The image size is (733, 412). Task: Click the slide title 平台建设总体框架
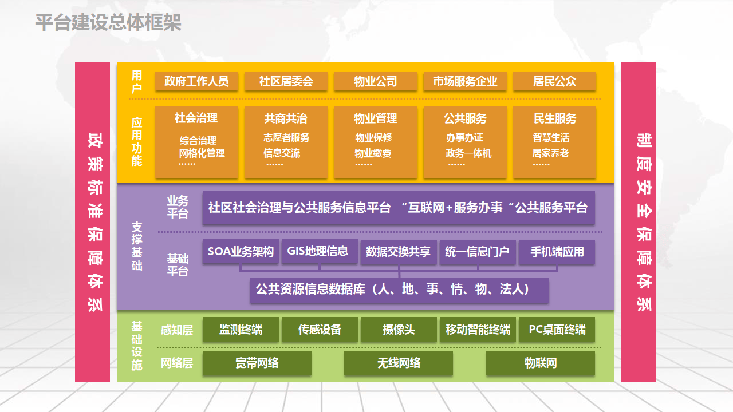[x=108, y=22]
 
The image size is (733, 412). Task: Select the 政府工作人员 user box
[x=196, y=81]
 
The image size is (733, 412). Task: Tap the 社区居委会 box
[x=286, y=81]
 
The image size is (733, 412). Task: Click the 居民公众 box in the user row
[x=554, y=81]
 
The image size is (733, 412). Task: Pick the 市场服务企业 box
[x=465, y=81]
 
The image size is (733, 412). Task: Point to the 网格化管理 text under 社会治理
[x=202, y=153]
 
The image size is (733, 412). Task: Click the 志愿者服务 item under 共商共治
[x=286, y=138]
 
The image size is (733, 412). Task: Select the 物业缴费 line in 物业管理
[x=373, y=153]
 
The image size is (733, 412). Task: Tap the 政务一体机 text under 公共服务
[x=468, y=153]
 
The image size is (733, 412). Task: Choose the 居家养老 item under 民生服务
[x=550, y=153]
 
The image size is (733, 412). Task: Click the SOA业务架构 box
[x=241, y=251]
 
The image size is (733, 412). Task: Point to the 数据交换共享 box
[x=398, y=252]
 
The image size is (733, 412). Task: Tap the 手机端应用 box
[x=557, y=252]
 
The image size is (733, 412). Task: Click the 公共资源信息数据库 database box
[x=399, y=290]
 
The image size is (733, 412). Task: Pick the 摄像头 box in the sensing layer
[x=399, y=330]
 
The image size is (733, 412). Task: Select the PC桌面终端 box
[x=557, y=330]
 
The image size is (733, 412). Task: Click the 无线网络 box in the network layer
[x=399, y=363]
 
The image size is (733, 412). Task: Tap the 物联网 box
[x=540, y=363]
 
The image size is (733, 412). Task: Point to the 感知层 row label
[x=177, y=330]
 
